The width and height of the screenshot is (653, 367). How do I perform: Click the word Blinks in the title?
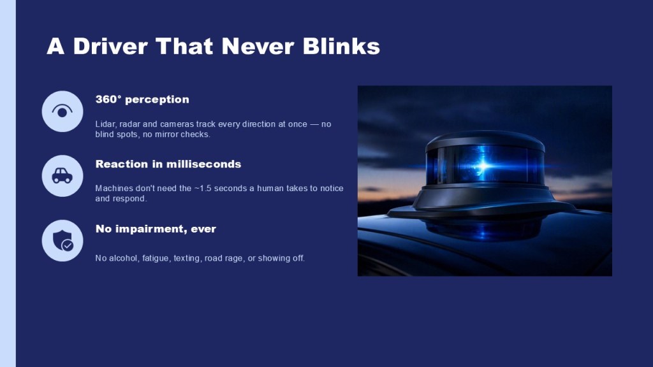coord(341,46)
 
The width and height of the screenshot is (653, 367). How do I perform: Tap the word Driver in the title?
coord(110,46)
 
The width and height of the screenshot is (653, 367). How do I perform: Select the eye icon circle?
coord(62,112)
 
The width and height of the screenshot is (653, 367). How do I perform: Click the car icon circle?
coord(62,176)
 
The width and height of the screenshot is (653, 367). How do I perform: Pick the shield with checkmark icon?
coord(62,240)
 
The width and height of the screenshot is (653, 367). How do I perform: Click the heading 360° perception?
coord(142,99)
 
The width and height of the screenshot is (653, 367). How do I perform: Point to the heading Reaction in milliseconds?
coord(168,164)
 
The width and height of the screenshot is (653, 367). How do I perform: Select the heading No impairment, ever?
coord(156,229)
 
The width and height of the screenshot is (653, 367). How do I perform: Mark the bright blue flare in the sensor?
coord(483,165)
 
